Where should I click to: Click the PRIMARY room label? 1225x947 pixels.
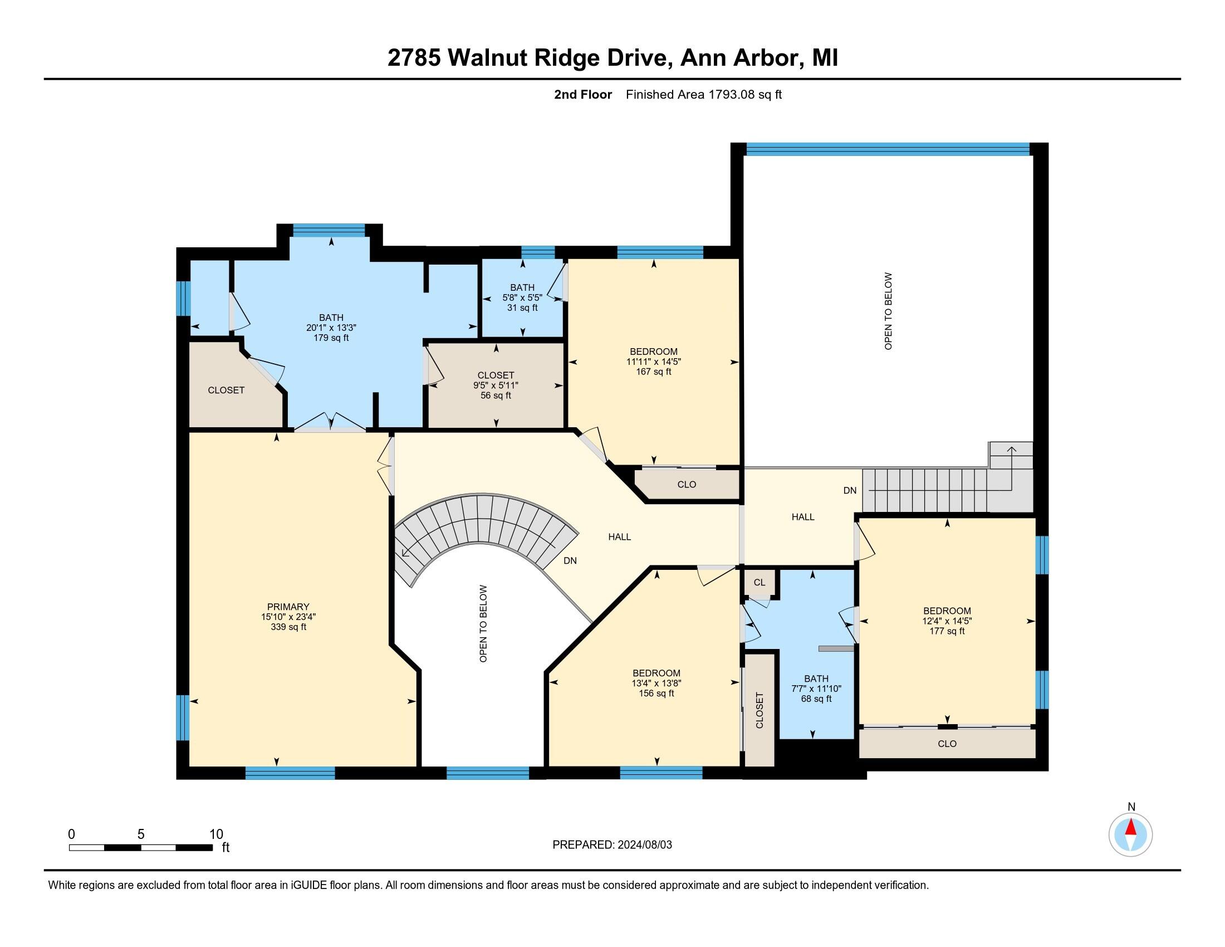click(x=288, y=607)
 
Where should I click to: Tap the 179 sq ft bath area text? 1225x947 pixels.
click(x=331, y=338)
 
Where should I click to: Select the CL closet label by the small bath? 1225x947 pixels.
click(x=759, y=582)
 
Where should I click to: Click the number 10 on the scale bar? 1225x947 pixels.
click(x=216, y=834)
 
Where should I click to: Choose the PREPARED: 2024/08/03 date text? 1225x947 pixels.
click(x=612, y=845)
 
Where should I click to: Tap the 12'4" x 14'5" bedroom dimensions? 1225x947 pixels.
click(x=947, y=621)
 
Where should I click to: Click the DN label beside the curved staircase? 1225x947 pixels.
click(x=570, y=560)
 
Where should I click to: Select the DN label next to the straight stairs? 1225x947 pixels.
click(x=850, y=490)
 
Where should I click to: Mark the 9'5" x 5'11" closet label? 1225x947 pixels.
click(x=495, y=385)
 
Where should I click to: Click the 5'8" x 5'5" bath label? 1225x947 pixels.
click(x=522, y=298)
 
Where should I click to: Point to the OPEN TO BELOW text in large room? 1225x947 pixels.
click(x=888, y=311)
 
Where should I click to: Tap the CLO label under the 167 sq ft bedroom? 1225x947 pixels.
click(x=687, y=484)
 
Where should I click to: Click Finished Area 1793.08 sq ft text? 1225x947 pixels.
click(x=703, y=94)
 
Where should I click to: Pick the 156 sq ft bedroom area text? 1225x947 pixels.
click(x=656, y=693)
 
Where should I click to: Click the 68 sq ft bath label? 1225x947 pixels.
click(x=816, y=699)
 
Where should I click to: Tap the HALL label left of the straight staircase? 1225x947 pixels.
click(x=802, y=517)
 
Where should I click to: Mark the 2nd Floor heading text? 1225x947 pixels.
click(x=583, y=94)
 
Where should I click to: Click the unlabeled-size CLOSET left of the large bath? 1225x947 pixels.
click(x=226, y=390)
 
